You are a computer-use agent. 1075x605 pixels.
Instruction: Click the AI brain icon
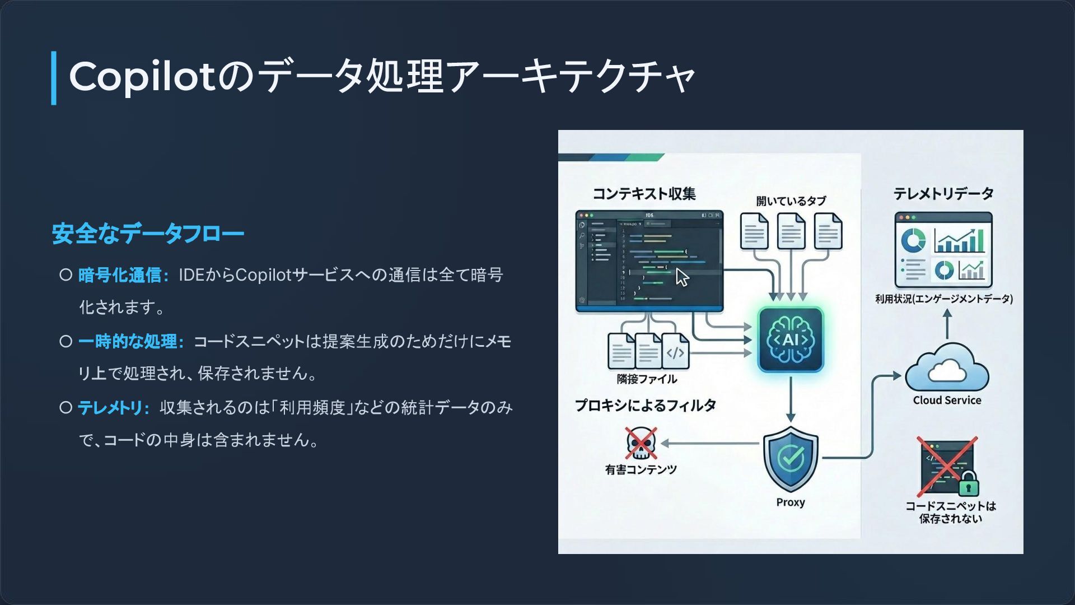(791, 339)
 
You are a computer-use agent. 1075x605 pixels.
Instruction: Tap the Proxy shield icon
(791, 459)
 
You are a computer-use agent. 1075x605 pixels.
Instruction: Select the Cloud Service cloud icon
(947, 369)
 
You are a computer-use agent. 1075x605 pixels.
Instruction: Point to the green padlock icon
(968, 483)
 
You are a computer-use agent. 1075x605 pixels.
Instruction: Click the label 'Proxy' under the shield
(791, 502)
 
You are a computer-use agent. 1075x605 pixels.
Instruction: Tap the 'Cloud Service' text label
(947, 401)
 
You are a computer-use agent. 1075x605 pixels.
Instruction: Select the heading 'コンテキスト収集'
(644, 194)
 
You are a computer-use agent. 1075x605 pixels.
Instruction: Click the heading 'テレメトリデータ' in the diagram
(943, 194)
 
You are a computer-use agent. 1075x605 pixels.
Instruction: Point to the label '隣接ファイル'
(647, 379)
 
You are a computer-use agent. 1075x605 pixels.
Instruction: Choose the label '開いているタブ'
(791, 201)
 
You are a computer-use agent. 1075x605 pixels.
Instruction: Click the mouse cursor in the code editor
(682, 277)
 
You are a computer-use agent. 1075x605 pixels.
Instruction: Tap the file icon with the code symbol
(675, 351)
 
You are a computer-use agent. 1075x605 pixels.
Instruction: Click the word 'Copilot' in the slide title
(142, 77)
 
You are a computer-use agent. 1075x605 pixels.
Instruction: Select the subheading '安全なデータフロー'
(148, 234)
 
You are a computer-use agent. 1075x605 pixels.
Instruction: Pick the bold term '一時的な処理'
(128, 341)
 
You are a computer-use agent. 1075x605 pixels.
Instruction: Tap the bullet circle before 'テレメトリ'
(66, 407)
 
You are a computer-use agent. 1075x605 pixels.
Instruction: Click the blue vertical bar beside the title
(54, 78)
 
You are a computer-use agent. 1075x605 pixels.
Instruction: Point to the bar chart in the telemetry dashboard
(959, 241)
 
